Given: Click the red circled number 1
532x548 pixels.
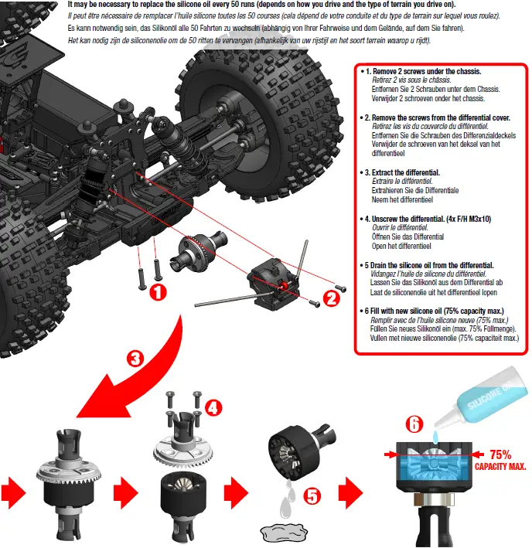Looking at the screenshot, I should [x=156, y=293].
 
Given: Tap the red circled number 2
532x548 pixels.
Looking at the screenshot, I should [x=331, y=294].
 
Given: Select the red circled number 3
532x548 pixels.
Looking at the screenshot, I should [x=135, y=358].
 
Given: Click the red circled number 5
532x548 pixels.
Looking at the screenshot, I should [x=312, y=495].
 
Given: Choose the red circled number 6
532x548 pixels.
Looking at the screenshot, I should [x=415, y=424].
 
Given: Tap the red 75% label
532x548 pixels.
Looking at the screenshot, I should [x=499, y=454].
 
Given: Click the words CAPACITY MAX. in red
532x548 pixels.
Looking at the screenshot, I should [x=500, y=467].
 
